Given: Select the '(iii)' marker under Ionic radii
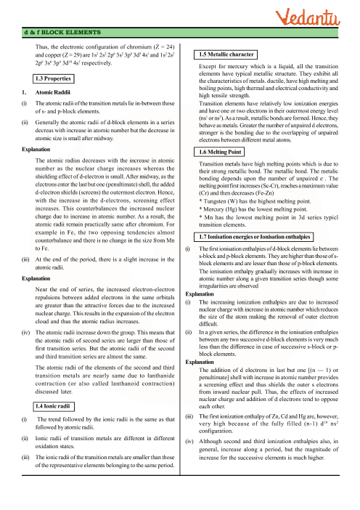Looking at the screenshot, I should pos(27,456).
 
